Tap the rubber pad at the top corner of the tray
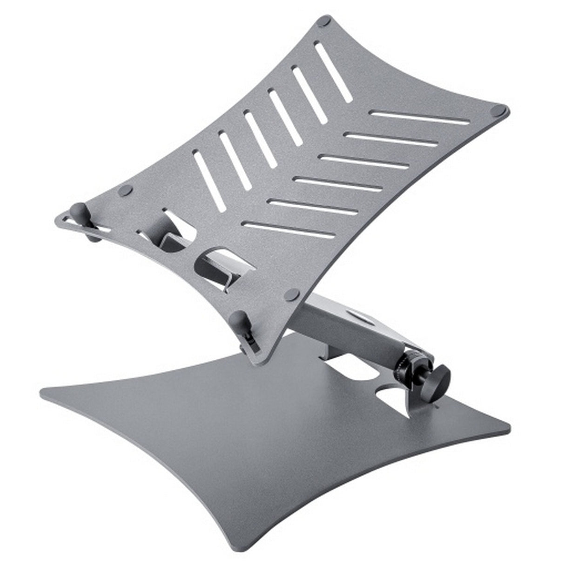323,21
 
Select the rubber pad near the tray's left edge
126,189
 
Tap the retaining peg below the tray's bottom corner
242,319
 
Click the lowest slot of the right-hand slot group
289,229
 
